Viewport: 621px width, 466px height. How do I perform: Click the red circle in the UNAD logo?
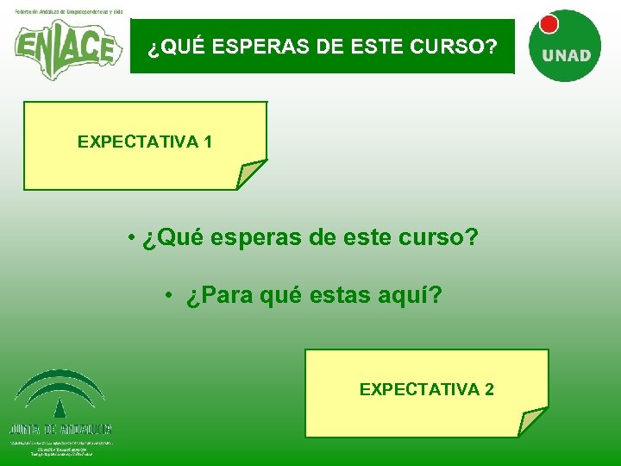click(x=549, y=24)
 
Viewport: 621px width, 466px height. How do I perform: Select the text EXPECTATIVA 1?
click(x=145, y=142)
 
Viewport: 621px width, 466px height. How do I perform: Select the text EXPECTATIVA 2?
click(x=426, y=389)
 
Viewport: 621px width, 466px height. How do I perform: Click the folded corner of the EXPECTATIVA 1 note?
click(x=250, y=175)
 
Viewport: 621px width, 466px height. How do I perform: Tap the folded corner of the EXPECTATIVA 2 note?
click(x=532, y=423)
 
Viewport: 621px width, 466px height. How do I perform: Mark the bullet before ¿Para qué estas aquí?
click(x=172, y=296)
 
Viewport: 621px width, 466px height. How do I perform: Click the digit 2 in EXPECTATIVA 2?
click(x=489, y=389)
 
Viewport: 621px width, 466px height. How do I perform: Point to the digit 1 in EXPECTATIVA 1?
click(x=208, y=142)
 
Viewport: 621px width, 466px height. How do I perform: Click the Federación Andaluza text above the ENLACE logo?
click(x=68, y=11)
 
